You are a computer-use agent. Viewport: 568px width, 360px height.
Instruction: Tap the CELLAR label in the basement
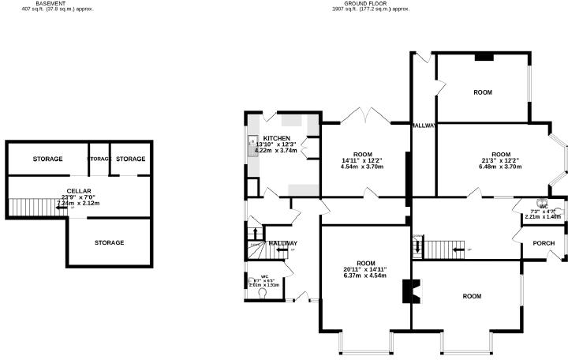(x=79, y=191)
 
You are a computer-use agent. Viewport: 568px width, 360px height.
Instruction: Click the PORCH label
(x=544, y=243)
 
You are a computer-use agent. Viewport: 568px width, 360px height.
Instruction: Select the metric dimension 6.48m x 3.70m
(x=501, y=167)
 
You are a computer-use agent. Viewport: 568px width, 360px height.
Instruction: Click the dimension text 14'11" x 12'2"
(x=362, y=160)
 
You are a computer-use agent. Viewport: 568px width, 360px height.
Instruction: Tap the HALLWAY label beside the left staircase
(x=283, y=243)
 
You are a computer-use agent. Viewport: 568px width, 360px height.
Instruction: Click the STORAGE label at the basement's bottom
(x=109, y=242)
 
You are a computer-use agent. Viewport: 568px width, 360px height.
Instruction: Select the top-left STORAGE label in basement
(x=47, y=159)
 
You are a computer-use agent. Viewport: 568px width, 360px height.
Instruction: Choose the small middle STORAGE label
(x=99, y=159)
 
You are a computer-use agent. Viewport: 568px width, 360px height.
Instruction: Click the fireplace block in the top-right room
(x=483, y=57)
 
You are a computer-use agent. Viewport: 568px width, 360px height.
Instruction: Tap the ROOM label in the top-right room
(x=483, y=92)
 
